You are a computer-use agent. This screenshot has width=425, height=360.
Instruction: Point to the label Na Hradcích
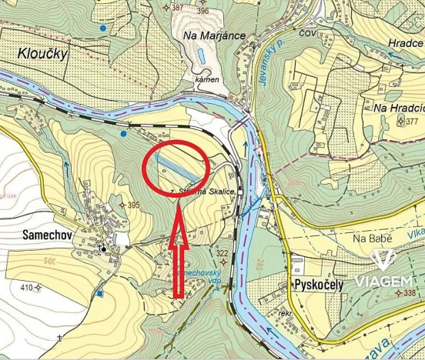[x=397, y=108]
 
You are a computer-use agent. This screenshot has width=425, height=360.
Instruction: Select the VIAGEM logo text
[x=384, y=282]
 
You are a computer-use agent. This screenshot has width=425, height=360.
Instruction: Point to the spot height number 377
[x=412, y=122]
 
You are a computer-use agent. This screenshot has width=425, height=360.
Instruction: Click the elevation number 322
[x=223, y=254]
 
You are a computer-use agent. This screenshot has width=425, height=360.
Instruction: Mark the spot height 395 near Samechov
[x=133, y=205]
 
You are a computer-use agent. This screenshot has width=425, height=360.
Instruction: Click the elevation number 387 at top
[x=178, y=8]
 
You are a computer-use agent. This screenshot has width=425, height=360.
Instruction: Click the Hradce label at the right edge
[x=405, y=44]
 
